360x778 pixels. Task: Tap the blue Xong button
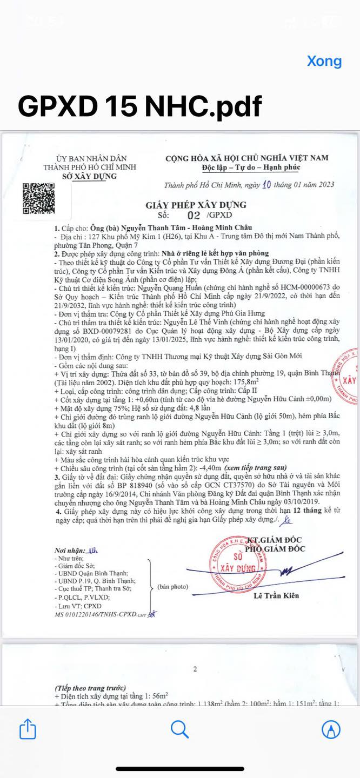coord(324,61)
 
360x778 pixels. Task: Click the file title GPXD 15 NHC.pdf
coord(140,106)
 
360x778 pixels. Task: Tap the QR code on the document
coord(38,200)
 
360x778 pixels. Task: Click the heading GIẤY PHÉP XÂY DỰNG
coord(196,205)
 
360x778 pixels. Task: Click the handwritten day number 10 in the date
coord(266,185)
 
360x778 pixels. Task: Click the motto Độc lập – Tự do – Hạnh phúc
coord(248,167)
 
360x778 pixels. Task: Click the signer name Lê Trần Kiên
coord(276,596)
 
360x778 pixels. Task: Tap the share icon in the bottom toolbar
coord(28,730)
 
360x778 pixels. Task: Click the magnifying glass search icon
coord(179,729)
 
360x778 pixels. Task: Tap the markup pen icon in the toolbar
coord(331,730)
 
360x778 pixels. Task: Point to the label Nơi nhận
coord(71,550)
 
